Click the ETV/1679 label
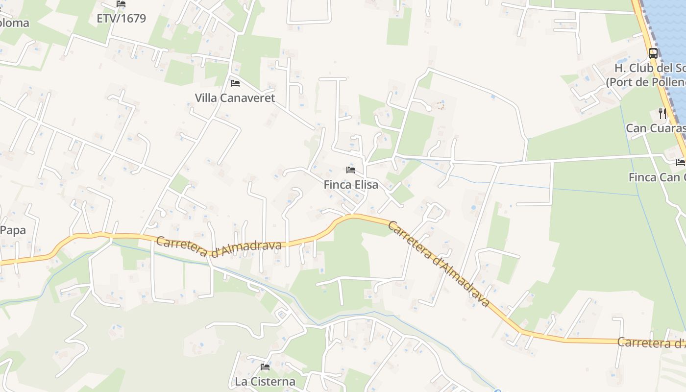(x=122, y=19)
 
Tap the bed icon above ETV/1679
(x=121, y=4)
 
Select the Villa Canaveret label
(x=235, y=98)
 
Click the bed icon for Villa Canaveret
(x=235, y=83)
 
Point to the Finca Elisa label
(x=351, y=185)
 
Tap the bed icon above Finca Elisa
(x=351, y=170)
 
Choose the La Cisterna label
(x=265, y=381)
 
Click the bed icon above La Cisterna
(x=265, y=367)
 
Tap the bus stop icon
(x=653, y=53)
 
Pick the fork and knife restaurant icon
(x=662, y=114)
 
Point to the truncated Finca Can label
(x=657, y=177)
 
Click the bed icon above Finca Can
(x=681, y=162)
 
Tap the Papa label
(x=13, y=230)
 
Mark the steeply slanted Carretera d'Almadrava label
(x=439, y=264)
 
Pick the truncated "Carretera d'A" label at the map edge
(x=651, y=343)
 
